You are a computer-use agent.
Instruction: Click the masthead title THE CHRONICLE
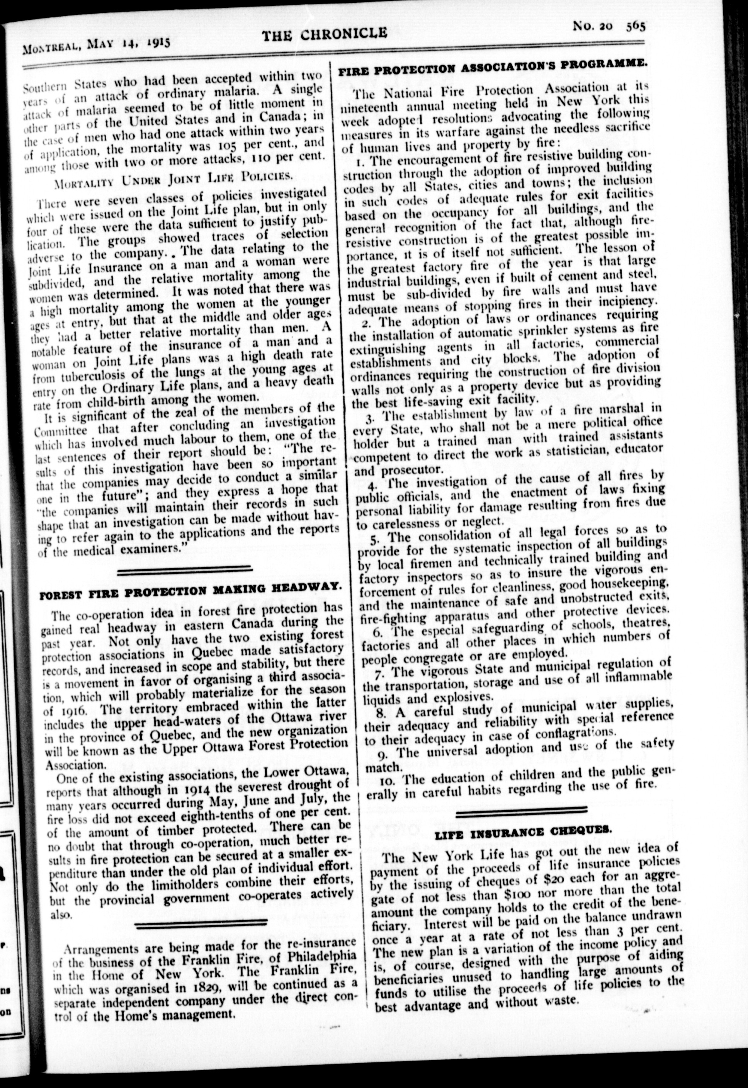324,34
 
